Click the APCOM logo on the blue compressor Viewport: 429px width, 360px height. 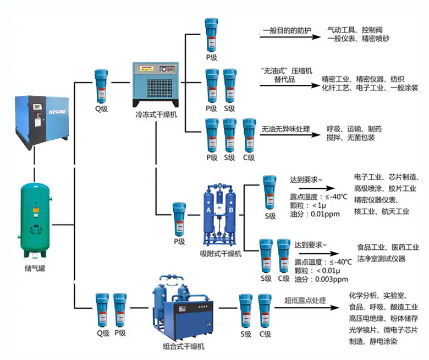[x=57, y=112]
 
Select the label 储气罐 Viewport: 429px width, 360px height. [x=35, y=268]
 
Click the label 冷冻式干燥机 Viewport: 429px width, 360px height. [x=156, y=114]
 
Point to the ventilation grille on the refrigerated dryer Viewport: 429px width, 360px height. [x=160, y=88]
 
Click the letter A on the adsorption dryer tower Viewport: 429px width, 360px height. [x=208, y=210]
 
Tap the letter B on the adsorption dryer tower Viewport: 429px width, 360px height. [x=231, y=210]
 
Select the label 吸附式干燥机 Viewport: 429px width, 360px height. [x=221, y=254]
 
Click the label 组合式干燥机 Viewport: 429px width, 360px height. [x=184, y=346]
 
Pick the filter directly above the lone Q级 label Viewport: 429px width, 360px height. [x=101, y=86]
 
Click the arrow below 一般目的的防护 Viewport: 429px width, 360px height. [x=290, y=37]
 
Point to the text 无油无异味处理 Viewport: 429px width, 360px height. [x=285, y=129]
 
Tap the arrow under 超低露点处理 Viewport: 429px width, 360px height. [x=307, y=308]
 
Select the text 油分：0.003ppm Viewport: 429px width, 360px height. [x=321, y=279]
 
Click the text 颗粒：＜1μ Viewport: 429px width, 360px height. [x=308, y=205]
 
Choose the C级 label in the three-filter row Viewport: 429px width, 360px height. [x=249, y=157]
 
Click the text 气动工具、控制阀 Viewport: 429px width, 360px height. [x=355, y=30]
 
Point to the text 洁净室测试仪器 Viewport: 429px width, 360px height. [x=381, y=259]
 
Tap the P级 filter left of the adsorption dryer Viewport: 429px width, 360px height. [x=179, y=219]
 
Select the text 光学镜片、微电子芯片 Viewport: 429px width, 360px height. [x=383, y=330]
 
